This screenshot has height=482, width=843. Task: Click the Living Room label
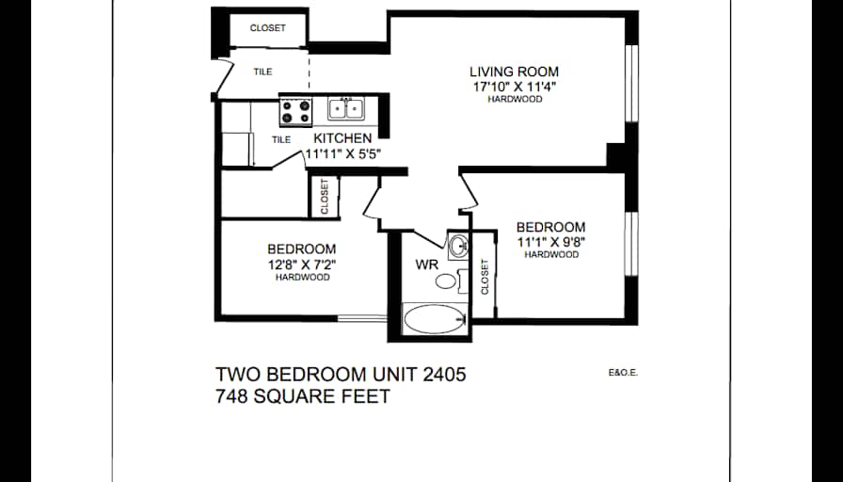515,72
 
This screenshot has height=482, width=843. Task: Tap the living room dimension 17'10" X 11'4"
515,86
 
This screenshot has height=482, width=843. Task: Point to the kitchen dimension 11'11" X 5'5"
342,153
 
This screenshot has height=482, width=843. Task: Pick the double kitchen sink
345,110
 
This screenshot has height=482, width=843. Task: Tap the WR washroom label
426,265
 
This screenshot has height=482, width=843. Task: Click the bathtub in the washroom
434,318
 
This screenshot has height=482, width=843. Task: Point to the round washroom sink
458,248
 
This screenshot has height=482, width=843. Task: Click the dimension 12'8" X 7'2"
302,265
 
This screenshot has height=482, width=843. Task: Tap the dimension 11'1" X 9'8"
551,241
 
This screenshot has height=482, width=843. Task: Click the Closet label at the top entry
268,28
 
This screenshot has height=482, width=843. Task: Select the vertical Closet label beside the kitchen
325,197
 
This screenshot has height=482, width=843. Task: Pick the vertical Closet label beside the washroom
485,278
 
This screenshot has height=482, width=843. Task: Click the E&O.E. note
624,373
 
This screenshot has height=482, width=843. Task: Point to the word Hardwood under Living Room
515,99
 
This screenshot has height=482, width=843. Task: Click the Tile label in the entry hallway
262,72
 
